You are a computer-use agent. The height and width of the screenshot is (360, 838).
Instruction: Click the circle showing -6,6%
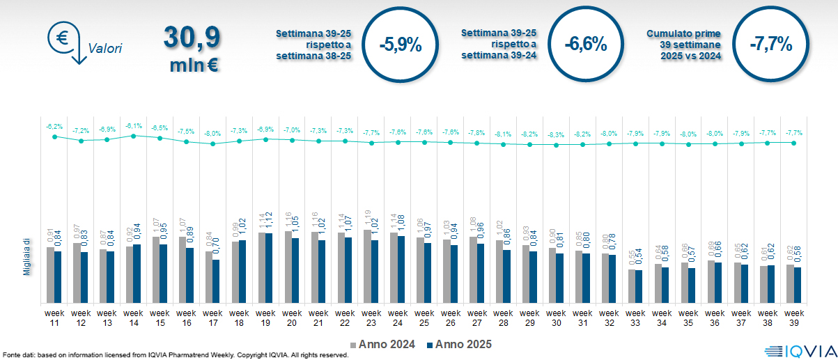click(586, 45)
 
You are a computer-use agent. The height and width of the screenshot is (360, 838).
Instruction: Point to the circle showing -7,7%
click(771, 45)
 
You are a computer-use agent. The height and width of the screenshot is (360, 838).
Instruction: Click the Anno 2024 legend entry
click(382, 344)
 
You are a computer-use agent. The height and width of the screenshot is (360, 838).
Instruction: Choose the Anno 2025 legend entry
click(459, 344)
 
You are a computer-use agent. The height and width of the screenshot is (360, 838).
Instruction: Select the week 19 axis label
click(265, 318)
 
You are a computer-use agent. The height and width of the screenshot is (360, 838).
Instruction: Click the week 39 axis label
click(794, 318)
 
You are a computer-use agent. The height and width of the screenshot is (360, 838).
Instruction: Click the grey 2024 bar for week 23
click(368, 267)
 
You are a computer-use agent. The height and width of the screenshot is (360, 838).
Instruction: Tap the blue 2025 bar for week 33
click(639, 287)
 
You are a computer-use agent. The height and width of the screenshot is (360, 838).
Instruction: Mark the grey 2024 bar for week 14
click(130, 275)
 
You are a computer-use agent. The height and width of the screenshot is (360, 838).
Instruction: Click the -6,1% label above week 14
click(133, 126)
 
